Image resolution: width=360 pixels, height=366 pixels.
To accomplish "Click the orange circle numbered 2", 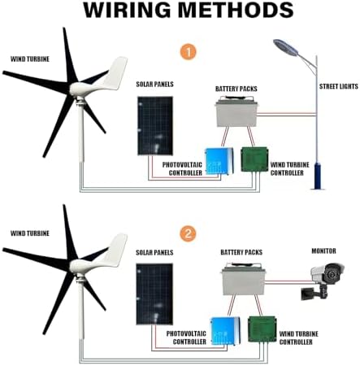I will pyautogui.click(x=189, y=234).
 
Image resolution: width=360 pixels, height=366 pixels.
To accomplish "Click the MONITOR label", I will pyautogui.click(x=327, y=251).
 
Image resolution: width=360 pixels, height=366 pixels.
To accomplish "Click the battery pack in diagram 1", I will pyautogui.click(x=241, y=114).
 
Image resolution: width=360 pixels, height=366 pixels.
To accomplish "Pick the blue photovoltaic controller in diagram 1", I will pyautogui.click(x=217, y=161).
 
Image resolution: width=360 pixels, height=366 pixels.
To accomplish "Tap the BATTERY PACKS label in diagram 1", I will pyautogui.click(x=237, y=88).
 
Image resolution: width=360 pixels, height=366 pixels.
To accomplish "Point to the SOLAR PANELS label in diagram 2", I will pyautogui.click(x=154, y=254).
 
